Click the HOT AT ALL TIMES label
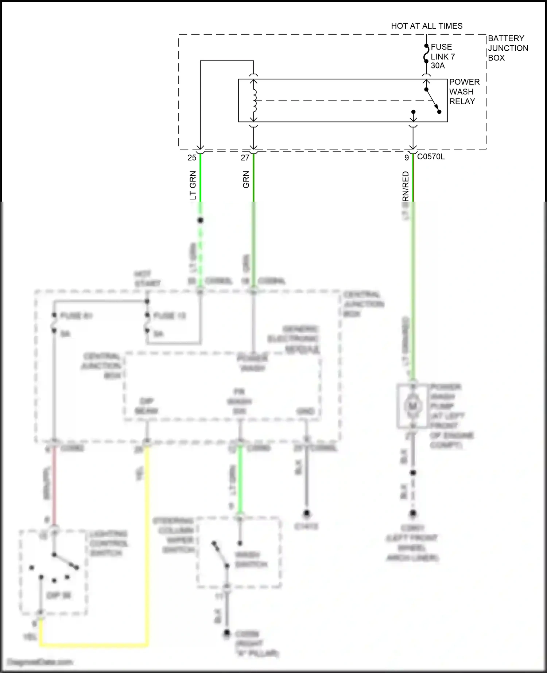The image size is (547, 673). tap(426, 26)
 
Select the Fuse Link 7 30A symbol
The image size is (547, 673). tap(426, 54)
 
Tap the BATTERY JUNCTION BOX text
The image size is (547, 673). tap(508, 48)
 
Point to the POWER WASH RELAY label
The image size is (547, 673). tap(464, 92)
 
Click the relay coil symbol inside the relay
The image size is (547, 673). tap(254, 100)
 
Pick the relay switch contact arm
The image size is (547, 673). tap(432, 100)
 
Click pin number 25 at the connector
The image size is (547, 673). tap(192, 158)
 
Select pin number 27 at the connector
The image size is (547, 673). tap(245, 158)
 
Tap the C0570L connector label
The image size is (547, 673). tap(431, 157)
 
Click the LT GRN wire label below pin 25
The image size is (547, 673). tap(193, 185)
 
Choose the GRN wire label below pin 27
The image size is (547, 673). tap(246, 179)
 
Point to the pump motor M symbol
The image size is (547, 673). tap(412, 406)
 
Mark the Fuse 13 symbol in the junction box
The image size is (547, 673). tap(147, 323)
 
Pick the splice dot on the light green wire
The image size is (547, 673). tap(200, 220)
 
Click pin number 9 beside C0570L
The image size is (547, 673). tap(407, 158)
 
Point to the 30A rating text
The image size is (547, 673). tap(438, 66)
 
